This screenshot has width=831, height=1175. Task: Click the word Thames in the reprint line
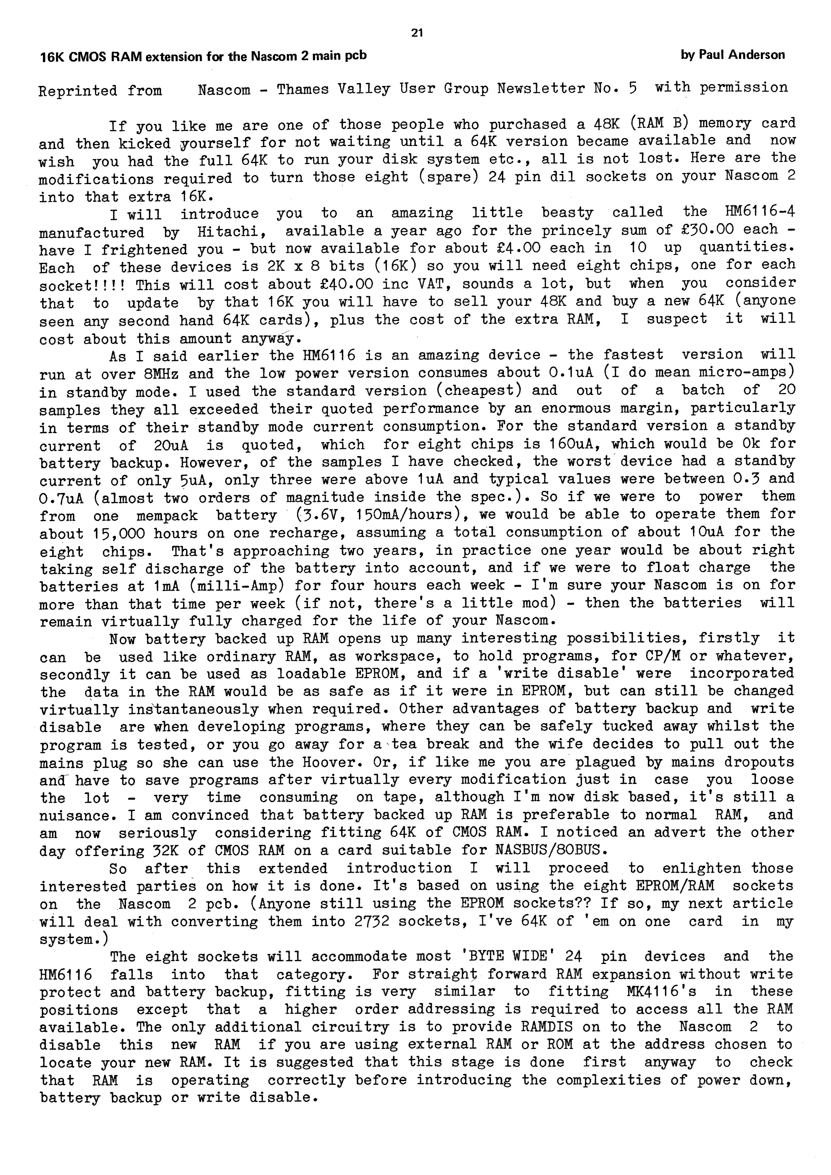pyautogui.click(x=303, y=90)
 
